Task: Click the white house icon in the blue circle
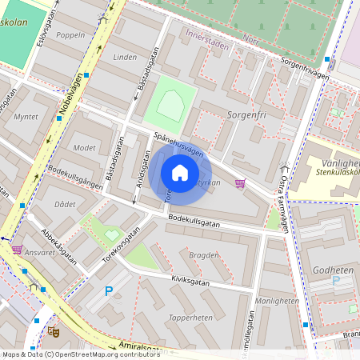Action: (180, 173)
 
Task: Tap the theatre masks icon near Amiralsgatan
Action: (54, 330)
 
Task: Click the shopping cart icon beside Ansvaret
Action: (17, 250)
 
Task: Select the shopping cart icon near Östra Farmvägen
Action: (240, 184)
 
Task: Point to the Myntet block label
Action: (26, 117)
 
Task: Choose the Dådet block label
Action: (65, 204)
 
